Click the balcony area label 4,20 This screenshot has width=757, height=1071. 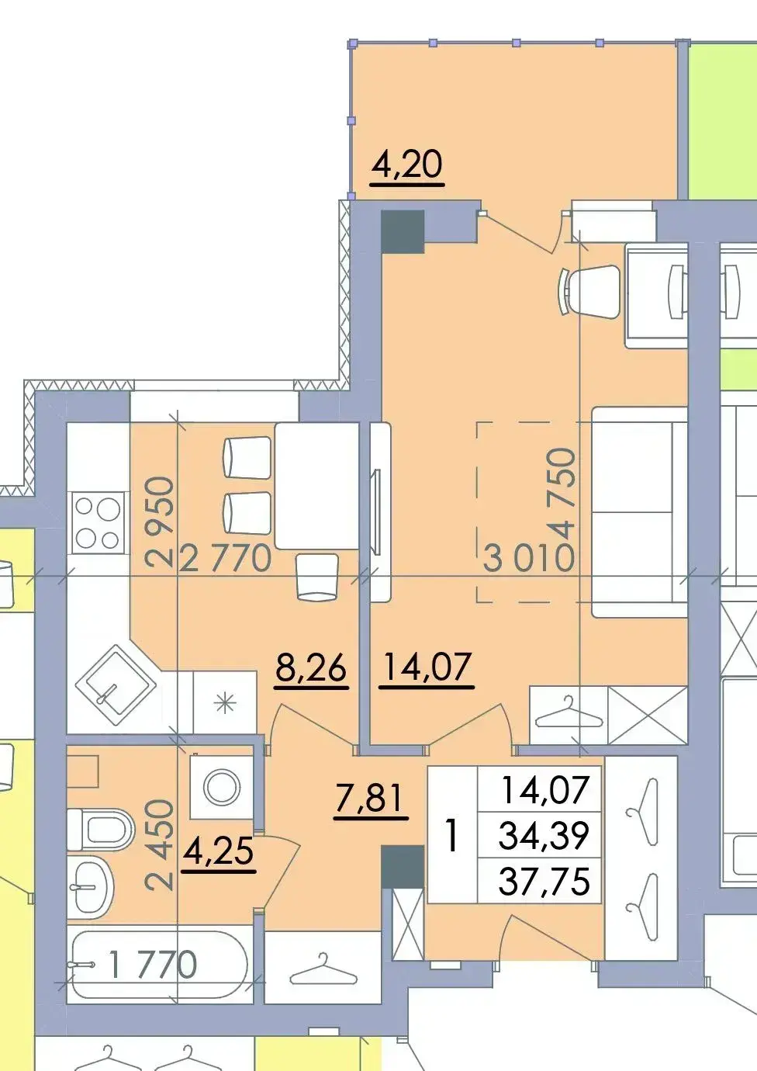click(x=408, y=165)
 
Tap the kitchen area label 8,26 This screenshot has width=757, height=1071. click(x=311, y=668)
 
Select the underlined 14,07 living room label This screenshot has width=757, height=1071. click(x=427, y=667)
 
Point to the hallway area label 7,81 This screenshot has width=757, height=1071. click(x=371, y=799)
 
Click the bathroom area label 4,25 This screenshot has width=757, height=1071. click(x=219, y=852)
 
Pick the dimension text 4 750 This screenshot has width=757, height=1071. click(x=561, y=494)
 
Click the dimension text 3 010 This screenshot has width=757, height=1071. click(x=528, y=559)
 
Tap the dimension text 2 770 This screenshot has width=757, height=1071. click(x=226, y=559)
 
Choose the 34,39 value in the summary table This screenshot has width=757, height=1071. click(x=544, y=836)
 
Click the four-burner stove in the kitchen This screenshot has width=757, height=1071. click(x=98, y=522)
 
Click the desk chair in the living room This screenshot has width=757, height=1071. click(x=589, y=291)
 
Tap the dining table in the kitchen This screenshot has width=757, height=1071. click(x=317, y=486)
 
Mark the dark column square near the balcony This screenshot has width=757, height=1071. click(x=403, y=231)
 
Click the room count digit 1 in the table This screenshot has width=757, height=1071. click(x=451, y=835)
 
